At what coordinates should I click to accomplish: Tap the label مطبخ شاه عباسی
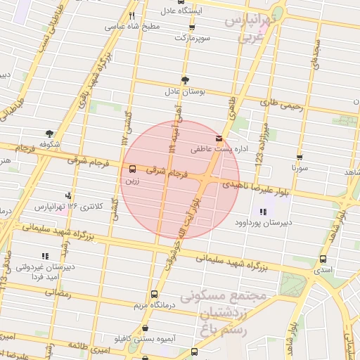(x=133, y=26)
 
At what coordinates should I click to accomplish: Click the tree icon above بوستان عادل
(x=185, y=80)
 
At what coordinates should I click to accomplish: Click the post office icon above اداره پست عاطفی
(x=219, y=138)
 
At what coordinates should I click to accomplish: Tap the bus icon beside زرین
(x=132, y=169)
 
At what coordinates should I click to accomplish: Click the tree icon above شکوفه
(x=49, y=133)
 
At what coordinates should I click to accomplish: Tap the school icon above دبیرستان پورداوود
(x=263, y=212)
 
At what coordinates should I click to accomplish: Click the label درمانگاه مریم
(x=154, y=306)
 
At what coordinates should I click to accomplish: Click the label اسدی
(x=323, y=269)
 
